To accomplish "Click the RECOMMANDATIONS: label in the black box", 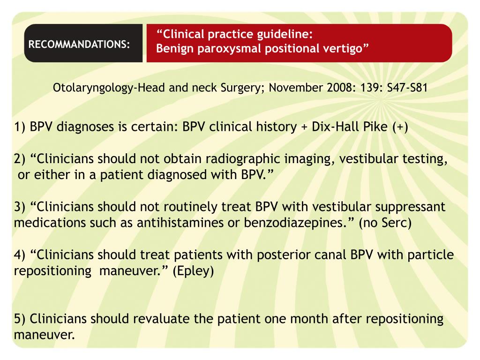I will pos(79,45).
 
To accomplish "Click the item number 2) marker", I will pos(20,159).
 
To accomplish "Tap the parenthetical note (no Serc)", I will pos(385,223).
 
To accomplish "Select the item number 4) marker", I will pos(20,255).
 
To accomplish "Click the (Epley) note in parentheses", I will pos(193,271).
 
